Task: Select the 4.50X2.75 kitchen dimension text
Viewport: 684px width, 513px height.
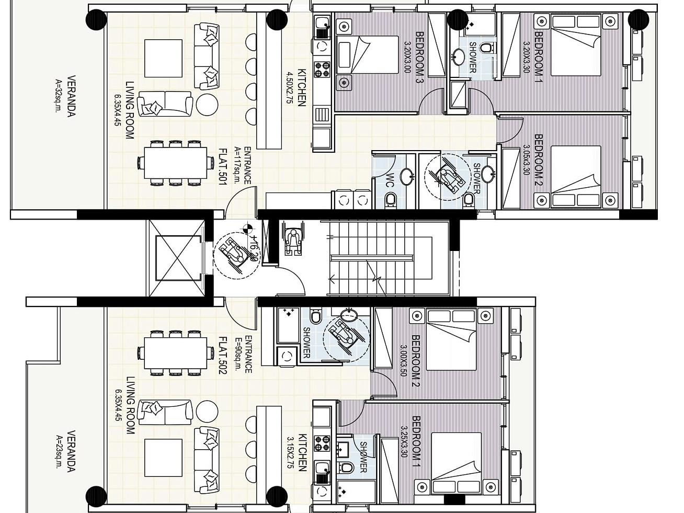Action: [290, 88]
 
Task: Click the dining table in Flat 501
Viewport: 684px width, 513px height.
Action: [176, 163]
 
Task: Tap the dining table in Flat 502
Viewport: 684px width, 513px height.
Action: [176, 353]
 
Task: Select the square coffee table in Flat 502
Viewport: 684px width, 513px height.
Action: [163, 458]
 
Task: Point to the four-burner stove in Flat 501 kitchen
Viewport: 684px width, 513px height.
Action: [322, 69]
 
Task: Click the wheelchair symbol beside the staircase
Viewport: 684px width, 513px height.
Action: [292, 238]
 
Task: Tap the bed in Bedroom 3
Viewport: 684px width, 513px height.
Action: [368, 54]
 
